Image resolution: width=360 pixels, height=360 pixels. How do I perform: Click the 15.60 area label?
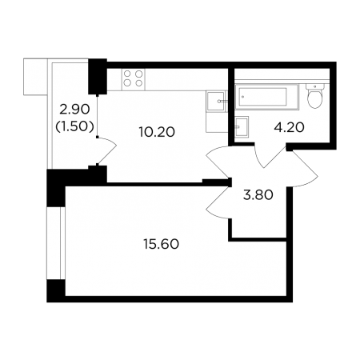point(161,244)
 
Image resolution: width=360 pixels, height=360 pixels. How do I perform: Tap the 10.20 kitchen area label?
point(157,132)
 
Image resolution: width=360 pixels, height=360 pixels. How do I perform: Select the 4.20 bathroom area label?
point(289,127)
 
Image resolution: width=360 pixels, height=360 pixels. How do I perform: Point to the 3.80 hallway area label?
point(258,195)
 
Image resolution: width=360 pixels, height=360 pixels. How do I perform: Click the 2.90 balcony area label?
point(74,110)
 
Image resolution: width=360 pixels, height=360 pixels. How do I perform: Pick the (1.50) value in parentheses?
point(74,126)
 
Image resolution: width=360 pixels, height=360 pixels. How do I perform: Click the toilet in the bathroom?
point(315,95)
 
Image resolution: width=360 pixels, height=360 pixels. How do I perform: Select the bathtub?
point(266,97)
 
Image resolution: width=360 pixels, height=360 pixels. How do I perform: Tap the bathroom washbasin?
point(242,126)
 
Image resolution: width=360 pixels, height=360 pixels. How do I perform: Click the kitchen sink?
point(216,101)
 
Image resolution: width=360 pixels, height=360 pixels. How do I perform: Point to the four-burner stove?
point(133,79)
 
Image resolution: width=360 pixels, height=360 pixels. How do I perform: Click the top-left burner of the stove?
point(127,74)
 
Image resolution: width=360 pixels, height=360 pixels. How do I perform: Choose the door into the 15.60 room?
point(218,202)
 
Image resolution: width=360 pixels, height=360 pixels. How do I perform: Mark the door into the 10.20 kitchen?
point(218,162)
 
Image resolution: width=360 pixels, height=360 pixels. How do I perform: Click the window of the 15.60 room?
point(56,243)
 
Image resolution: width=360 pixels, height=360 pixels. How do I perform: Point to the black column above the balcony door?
point(98,77)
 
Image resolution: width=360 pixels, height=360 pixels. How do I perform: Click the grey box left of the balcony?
point(35,77)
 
